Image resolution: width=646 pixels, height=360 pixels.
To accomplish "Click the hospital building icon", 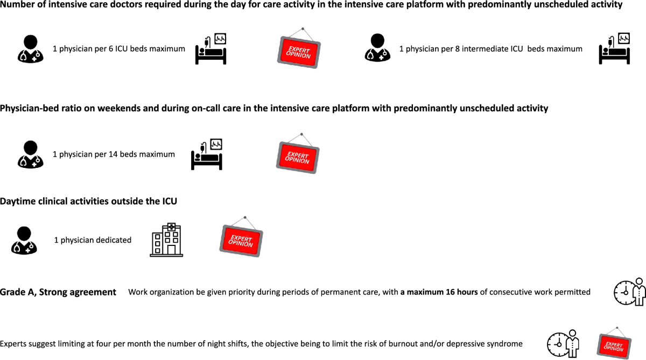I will click(166, 240).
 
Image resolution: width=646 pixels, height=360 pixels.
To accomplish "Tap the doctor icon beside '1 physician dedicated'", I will click(24, 240).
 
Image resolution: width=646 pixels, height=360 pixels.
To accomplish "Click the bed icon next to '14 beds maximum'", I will click(207, 154).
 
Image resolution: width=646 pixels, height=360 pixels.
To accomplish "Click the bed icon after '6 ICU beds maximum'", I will click(211, 49).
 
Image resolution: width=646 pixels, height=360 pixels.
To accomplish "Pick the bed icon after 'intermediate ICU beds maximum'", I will click(615, 49).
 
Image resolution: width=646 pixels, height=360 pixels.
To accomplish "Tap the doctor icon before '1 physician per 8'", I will click(378, 49).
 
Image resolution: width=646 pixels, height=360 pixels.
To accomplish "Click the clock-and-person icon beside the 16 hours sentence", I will click(629, 292).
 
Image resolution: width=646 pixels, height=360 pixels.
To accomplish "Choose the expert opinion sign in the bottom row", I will click(614, 343).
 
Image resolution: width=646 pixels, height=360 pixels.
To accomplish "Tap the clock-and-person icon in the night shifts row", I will click(563, 343).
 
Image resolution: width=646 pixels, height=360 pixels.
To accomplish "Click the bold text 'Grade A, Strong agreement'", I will click(58, 292).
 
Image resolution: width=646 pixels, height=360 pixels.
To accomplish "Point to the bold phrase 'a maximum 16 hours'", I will click(439, 292).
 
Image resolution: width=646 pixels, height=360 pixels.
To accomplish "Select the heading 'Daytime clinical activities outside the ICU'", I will click(88, 201).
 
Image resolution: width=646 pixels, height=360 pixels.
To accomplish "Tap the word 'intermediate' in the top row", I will click(479, 49).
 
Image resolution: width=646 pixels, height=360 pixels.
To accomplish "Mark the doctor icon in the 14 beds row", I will click(31, 154).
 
